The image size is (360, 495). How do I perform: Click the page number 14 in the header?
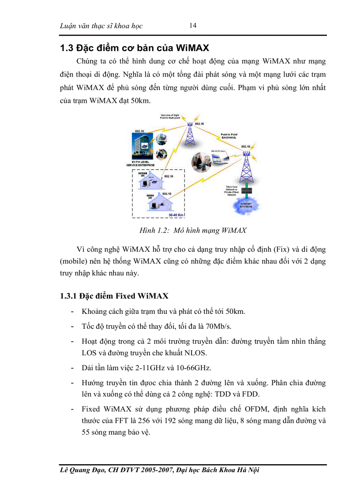tap(193, 25)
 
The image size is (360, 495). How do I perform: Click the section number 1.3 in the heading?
tap(67, 48)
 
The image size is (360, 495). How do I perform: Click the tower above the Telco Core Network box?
tap(246, 167)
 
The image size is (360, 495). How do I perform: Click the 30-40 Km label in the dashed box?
tap(176, 215)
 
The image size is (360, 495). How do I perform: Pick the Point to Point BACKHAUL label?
tap(230, 136)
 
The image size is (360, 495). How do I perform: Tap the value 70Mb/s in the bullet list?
tap(218, 326)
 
